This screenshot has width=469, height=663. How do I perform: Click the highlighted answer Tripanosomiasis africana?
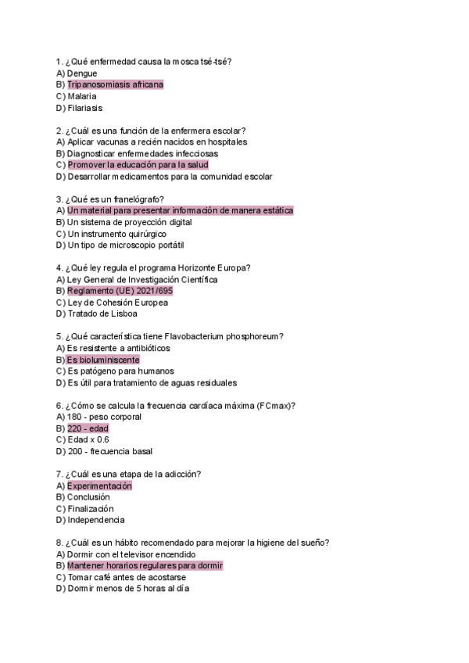coord(115,84)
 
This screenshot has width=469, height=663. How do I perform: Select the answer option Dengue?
coord(82,73)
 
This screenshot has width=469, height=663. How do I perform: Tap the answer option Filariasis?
coord(84,108)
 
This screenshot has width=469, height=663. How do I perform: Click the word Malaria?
coord(82,96)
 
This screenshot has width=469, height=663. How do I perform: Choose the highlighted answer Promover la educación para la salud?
coord(138,165)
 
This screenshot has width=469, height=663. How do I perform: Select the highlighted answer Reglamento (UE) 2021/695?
coord(120,291)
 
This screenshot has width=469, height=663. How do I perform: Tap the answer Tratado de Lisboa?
coord(102,314)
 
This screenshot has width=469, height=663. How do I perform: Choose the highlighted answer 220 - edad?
coord(88,428)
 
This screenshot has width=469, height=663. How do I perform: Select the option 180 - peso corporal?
coord(104,417)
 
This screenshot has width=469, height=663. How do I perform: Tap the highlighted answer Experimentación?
coord(99,486)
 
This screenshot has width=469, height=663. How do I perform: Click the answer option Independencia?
coord(95,520)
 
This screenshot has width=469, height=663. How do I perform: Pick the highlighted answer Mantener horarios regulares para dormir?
coord(145,565)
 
